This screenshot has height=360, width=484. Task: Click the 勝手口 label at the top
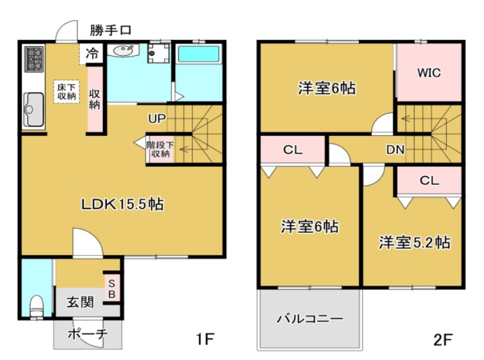point(111,30)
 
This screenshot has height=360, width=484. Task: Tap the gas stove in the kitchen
point(33,59)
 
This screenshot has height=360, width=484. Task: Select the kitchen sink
point(33,109)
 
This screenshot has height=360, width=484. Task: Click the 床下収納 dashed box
point(66,91)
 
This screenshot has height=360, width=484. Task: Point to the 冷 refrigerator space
point(92,53)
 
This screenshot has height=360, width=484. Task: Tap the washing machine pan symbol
point(157,55)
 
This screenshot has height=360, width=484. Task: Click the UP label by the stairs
point(157,118)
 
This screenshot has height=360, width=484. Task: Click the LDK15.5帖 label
point(122,204)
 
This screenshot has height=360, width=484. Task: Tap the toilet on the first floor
point(36,307)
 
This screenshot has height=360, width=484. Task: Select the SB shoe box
point(112,288)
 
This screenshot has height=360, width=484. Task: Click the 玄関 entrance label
point(80,302)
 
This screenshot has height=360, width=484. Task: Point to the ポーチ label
point(87,334)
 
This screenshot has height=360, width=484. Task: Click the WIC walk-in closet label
point(429,73)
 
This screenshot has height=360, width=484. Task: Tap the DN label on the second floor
point(396,150)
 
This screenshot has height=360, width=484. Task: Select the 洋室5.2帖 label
point(415,242)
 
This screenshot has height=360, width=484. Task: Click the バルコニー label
point(310,319)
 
